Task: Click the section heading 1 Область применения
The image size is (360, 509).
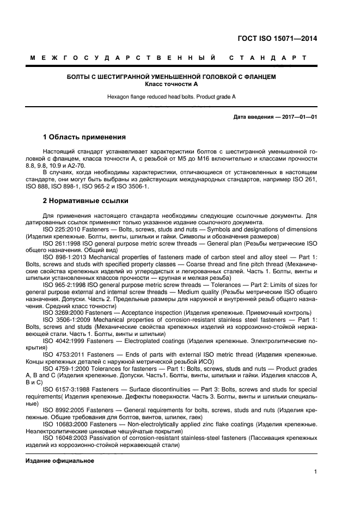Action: click(x=84, y=137)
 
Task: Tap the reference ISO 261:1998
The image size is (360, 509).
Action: click(x=62, y=243)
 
